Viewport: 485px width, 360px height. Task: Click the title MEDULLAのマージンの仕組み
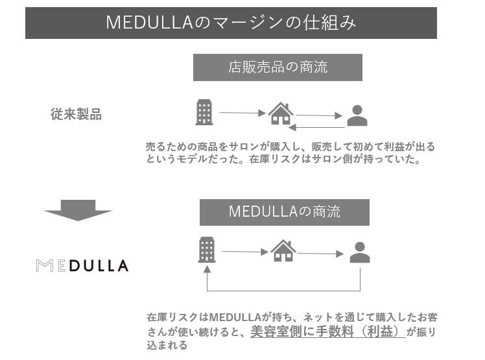click(231, 23)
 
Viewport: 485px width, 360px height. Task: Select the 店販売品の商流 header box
click(278, 67)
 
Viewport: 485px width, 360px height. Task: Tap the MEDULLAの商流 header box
click(284, 212)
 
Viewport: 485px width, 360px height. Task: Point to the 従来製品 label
click(76, 114)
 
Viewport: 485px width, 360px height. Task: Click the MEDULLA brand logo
click(82, 265)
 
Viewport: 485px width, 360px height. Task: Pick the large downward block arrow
click(78, 210)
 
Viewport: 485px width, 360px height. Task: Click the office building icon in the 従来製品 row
click(204, 112)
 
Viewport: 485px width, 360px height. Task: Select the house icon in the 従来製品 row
click(281, 114)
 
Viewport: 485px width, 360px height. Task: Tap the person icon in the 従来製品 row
click(357, 115)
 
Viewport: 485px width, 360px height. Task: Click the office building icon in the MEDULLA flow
click(207, 250)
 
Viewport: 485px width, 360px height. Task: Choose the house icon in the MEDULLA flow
click(283, 250)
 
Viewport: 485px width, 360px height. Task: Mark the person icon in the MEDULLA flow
click(360, 252)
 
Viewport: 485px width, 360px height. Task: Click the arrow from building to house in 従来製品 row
click(242, 113)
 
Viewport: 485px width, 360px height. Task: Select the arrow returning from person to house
click(316, 127)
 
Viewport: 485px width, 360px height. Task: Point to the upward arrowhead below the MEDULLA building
click(207, 269)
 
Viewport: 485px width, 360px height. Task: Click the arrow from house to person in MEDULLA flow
click(320, 254)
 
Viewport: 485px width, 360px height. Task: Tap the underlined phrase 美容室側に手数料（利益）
click(328, 331)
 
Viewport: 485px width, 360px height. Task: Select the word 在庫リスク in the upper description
click(275, 159)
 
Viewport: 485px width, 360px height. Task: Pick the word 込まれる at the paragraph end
click(167, 345)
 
